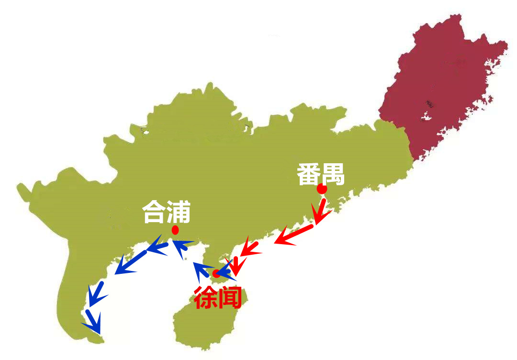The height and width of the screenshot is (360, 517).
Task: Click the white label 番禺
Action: (x=320, y=175)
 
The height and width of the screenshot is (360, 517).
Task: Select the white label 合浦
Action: (x=167, y=212)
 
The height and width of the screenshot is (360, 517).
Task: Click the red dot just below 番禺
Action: (x=322, y=190)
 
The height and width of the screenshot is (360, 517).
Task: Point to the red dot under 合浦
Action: (x=176, y=230)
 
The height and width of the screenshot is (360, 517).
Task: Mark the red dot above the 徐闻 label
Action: (x=216, y=274)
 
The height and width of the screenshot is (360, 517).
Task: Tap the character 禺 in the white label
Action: (x=333, y=175)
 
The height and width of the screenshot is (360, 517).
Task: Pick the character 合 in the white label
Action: (x=154, y=212)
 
